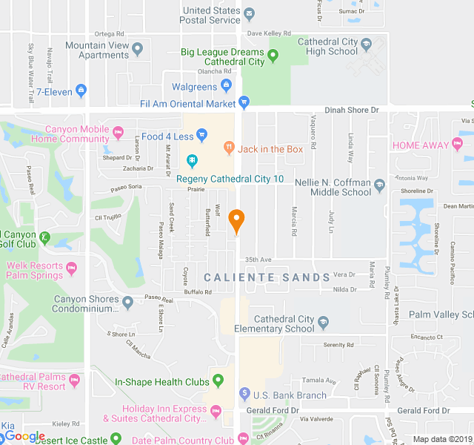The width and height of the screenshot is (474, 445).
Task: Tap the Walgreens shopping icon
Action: coord(228,88)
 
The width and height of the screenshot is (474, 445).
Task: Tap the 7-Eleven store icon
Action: coord(81,91)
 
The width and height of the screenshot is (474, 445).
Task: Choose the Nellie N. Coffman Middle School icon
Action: coord(380,185)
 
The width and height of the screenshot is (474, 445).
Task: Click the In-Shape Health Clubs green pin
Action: coord(218,382)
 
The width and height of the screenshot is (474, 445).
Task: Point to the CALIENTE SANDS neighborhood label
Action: coord(267,277)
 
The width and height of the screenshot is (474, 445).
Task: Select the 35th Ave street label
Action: coord(259,260)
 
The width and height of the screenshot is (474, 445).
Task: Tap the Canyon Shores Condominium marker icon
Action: coord(128,302)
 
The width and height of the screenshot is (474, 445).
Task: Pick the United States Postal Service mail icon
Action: coord(250,15)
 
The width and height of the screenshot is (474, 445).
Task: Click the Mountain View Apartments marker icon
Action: coord(137,51)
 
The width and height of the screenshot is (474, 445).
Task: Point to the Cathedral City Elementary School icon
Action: coord(323,323)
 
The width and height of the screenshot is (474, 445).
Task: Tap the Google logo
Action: coord(25,436)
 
